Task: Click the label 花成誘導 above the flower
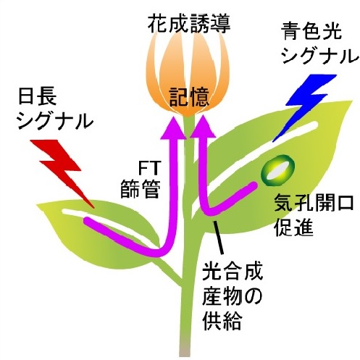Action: pyautogui.click(x=189, y=24)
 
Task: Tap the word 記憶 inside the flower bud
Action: pyautogui.click(x=189, y=97)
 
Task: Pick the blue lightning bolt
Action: pyautogui.click(x=305, y=106)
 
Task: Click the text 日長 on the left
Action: pyautogui.click(x=38, y=96)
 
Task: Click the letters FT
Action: pyautogui.click(x=149, y=168)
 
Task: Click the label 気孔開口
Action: pyautogui.click(x=314, y=203)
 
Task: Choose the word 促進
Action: pyautogui.click(x=294, y=227)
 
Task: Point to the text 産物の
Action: pyautogui.click(x=232, y=297)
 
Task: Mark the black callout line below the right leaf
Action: pyautogui.click(x=218, y=238)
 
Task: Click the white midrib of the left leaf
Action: pyautogui.click(x=109, y=225)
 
